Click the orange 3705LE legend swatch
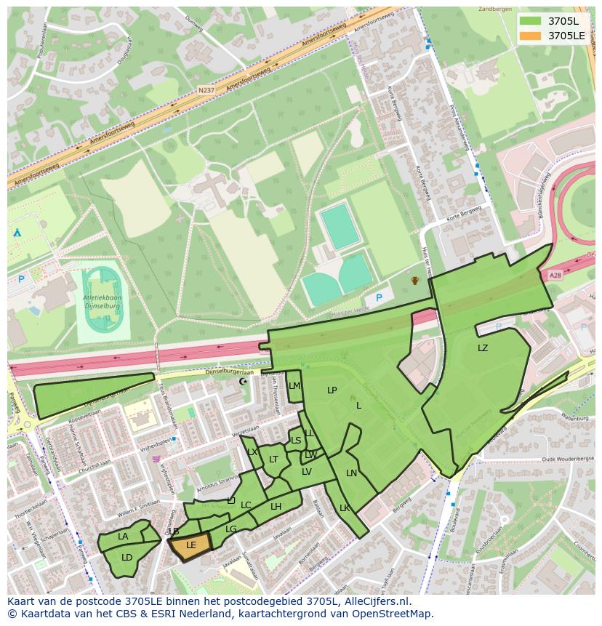[x=531, y=36]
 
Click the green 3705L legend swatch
[x=531, y=20]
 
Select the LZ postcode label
[x=483, y=348]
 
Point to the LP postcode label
[x=332, y=390]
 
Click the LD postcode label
[x=127, y=558]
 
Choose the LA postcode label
[x=123, y=537]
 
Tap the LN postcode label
[x=351, y=473]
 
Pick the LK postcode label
[x=345, y=508]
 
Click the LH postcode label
[x=276, y=507]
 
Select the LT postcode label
[x=273, y=460]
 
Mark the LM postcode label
[x=294, y=386]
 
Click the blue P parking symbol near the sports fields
[x=379, y=298]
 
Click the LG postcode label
[x=231, y=529]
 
